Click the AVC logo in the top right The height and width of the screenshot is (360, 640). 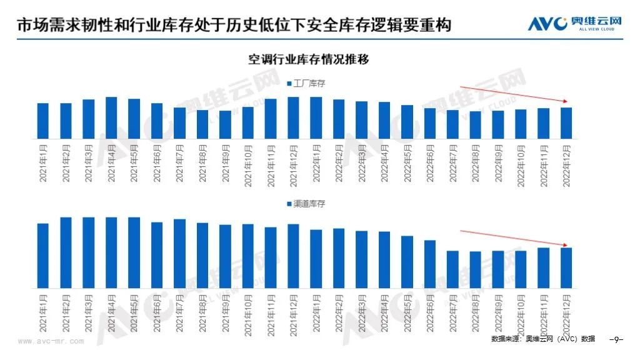click(575, 24)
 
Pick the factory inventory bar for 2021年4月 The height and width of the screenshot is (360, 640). click(111, 117)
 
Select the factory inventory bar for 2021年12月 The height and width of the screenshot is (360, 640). click(293, 117)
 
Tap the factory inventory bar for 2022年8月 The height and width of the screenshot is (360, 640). click(476, 124)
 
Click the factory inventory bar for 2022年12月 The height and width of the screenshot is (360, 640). click(566, 123)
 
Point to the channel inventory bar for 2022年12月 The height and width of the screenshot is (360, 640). click(566, 267)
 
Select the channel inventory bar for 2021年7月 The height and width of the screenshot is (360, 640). click(179, 253)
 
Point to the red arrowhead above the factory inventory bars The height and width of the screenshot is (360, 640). click(566, 101)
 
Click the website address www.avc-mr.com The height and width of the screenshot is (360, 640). click(51, 342)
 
